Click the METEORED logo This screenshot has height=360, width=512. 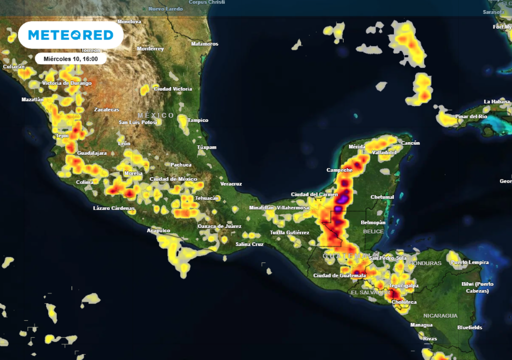pos(70,35)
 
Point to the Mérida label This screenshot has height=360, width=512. pos(357,147)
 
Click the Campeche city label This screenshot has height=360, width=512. pos(339,170)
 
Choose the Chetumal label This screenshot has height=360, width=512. pos(382,197)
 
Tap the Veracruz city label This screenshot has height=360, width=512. pos(231,183)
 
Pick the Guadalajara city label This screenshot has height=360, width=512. pos(92,153)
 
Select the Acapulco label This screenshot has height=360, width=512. pos(158,230)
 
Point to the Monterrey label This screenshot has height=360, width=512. pos(150,49)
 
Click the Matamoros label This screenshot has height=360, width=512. pos(204,44)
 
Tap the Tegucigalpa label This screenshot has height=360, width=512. pos(404,286)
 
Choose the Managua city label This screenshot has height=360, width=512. pos(421,325)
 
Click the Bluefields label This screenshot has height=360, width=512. pos(470,327)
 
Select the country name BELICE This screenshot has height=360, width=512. pos(373,231)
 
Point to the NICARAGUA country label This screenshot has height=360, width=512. pos(440,315)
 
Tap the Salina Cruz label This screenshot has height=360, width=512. pos(249,244)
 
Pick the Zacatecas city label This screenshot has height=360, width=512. pos(106,109)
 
